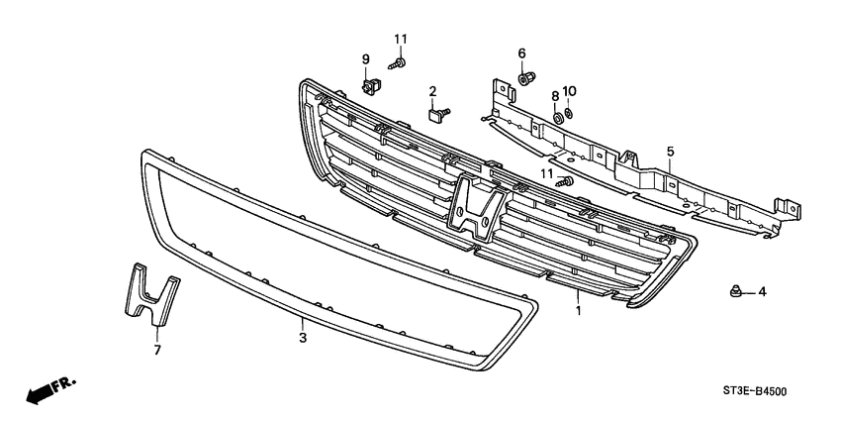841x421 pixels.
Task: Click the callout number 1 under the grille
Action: coord(577,310)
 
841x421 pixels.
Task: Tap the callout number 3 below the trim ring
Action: coord(303,338)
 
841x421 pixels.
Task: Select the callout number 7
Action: coord(155,349)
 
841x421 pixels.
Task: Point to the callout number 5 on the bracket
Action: coord(670,152)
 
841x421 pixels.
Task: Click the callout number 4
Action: coord(762,292)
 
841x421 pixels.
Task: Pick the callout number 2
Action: coord(432,92)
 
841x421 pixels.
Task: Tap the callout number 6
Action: coord(521,53)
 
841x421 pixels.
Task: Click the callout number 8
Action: coord(556,95)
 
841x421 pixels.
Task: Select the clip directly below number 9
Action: coord(368,88)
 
